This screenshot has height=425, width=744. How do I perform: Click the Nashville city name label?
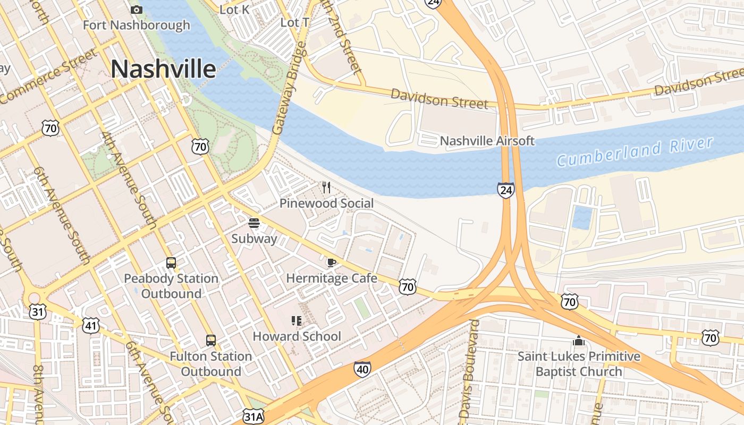coord(164,70)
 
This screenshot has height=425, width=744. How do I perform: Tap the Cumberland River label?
coord(635,151)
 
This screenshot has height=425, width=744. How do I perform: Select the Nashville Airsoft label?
coord(487,141)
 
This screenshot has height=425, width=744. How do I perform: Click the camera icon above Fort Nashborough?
coord(137,10)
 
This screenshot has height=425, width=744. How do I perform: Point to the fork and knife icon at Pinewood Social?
coord(326,187)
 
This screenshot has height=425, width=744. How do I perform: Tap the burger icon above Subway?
coord(254,223)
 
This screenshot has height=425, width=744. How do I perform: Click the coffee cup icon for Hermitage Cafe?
coord(331,262)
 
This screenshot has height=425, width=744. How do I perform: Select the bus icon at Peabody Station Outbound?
coord(171,262)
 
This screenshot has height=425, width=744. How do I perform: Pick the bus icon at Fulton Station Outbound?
coord(211,340)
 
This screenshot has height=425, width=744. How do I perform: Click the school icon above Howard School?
coord(297,320)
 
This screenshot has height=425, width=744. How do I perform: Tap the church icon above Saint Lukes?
coord(579,340)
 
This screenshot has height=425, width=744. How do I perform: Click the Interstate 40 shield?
coord(362,369)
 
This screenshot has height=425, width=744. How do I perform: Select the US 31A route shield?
coord(252,415)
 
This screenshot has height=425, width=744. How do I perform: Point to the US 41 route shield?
coord(91,325)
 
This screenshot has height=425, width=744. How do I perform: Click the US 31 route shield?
coord(38,311)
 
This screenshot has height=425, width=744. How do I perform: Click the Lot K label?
coord(234,9)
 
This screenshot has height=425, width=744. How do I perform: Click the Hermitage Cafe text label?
coord(332,278)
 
